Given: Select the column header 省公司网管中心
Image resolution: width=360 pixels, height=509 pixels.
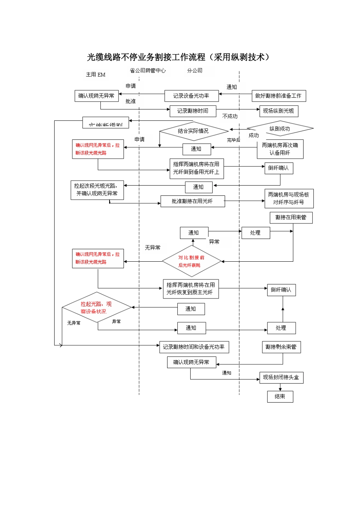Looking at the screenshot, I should [x=148, y=70].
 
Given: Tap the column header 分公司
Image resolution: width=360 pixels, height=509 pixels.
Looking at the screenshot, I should [x=195, y=70].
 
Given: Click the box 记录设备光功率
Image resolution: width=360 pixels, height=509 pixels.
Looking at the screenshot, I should [x=191, y=96].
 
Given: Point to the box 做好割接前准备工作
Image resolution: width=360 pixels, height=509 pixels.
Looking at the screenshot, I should [x=279, y=96].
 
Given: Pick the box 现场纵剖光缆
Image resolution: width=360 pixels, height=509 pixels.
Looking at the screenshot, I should [x=279, y=111].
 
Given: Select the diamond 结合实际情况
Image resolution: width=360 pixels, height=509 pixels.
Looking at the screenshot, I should [x=193, y=131].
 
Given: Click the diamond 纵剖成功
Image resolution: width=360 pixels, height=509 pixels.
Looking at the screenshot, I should [x=280, y=129].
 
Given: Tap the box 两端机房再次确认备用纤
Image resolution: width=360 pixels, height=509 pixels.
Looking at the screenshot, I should [x=280, y=149].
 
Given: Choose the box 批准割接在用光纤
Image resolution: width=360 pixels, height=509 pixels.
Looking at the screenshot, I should [x=193, y=201].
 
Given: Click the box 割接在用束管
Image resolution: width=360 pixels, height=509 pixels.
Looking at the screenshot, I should [x=291, y=217].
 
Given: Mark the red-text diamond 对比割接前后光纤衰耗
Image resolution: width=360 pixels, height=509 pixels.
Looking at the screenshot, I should [x=191, y=261].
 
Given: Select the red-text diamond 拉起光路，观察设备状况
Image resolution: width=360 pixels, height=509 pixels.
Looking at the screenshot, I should [x=96, y=308].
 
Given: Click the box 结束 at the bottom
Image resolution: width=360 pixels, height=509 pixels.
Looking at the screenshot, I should [x=280, y=397].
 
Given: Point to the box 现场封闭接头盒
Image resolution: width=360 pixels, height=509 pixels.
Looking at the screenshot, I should [x=281, y=378].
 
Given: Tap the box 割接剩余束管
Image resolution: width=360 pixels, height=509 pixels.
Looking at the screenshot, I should [x=281, y=347].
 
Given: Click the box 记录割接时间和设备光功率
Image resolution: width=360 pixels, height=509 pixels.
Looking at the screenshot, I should [x=194, y=347].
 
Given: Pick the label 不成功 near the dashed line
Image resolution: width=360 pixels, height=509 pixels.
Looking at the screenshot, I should [x=230, y=116].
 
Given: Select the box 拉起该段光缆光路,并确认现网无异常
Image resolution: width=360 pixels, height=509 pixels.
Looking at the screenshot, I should [x=97, y=190].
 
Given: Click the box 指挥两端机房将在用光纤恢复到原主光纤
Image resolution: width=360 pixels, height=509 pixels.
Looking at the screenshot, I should [x=191, y=289].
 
